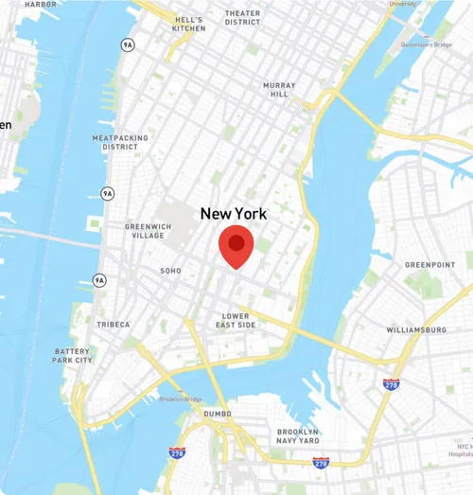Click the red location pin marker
click(x=236, y=245)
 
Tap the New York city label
click(x=234, y=215)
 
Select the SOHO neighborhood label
click(x=170, y=271)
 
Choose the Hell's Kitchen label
click(x=189, y=24)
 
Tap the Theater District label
click(x=243, y=17)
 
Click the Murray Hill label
click(x=279, y=90)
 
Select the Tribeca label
click(x=114, y=325)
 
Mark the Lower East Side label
click(x=236, y=320)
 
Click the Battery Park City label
click(x=73, y=356)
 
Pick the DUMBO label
click(x=218, y=414)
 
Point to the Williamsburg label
click(x=416, y=329)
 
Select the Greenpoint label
click(x=429, y=265)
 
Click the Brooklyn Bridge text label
click(x=181, y=399)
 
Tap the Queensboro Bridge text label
click(x=427, y=44)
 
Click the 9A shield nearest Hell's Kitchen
click(x=127, y=44)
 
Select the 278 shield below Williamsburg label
click(x=391, y=384)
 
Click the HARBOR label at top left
click(x=40, y=4)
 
